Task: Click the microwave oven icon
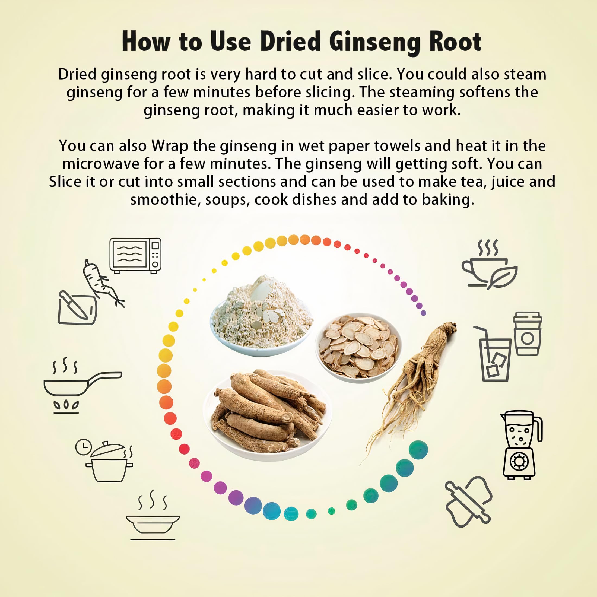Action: click(x=135, y=256)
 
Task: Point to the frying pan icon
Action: click(x=82, y=385)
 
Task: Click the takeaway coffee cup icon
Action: click(x=528, y=334)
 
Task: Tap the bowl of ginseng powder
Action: click(x=261, y=316)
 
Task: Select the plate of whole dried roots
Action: click(x=268, y=414)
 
